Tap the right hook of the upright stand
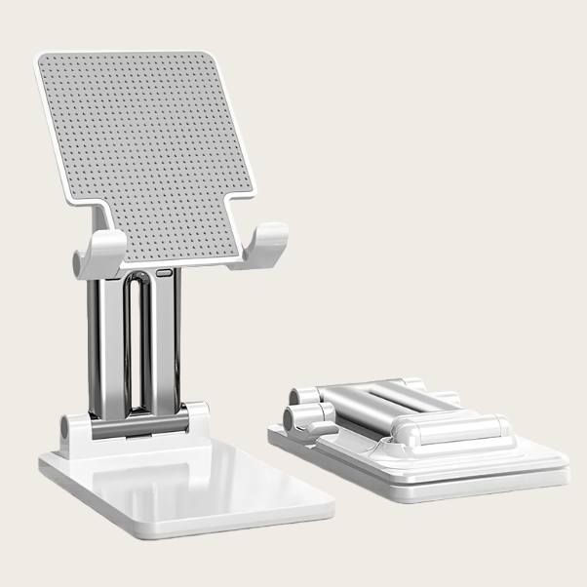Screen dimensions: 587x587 point(265,244)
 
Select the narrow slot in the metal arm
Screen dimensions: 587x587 point(137,341)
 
